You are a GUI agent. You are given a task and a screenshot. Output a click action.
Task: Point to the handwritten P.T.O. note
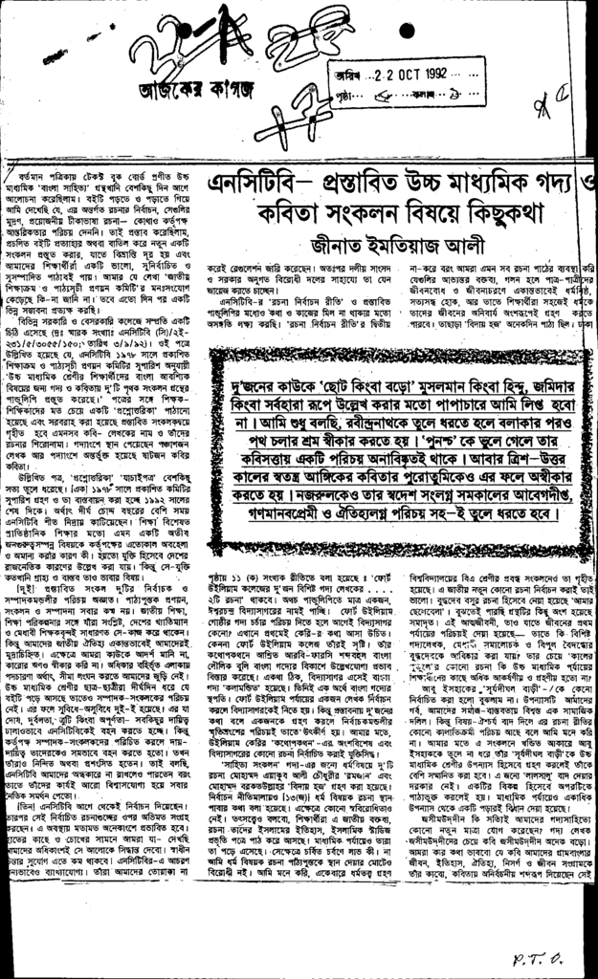coord(543,953)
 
